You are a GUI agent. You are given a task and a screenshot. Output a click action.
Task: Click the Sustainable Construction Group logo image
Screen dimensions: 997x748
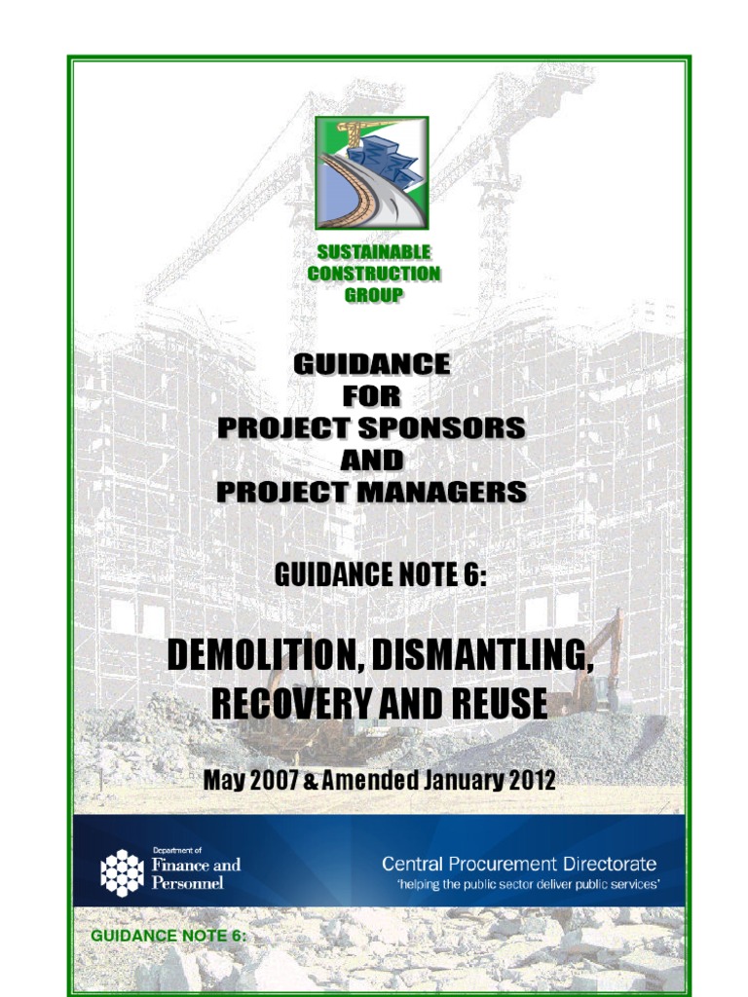pos(372,172)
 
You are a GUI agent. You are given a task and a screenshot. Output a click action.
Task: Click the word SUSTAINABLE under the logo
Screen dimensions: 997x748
pos(373,253)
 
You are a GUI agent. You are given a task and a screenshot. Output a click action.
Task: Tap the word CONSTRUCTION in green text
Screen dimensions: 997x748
pos(373,274)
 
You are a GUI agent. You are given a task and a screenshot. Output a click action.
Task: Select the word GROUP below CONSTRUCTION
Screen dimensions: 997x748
pos(373,294)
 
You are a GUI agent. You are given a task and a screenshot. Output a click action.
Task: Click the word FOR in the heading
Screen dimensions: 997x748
pos(371,396)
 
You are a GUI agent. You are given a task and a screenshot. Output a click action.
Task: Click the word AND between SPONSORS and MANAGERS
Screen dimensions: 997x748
pos(371,459)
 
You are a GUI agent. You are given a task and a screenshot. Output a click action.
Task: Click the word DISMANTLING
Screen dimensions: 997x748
pos(483,656)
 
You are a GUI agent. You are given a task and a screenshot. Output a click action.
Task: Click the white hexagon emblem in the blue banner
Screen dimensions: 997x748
pos(122,871)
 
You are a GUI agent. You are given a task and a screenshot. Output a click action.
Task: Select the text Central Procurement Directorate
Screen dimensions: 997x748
pos(518,864)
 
